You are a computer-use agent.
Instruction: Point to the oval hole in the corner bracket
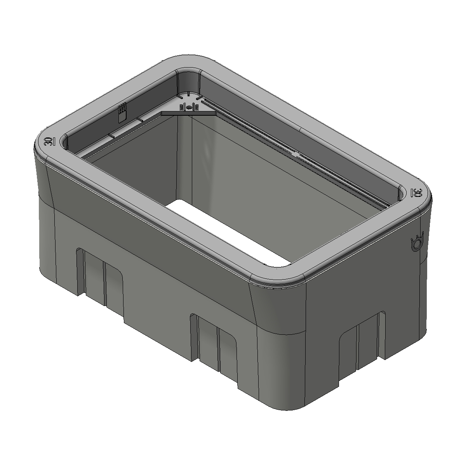188,107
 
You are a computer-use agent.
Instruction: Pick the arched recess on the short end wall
359,342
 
